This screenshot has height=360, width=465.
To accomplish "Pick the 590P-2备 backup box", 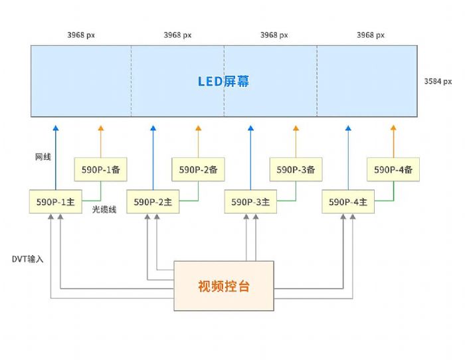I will (198, 170).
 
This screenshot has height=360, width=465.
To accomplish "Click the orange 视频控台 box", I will (224, 286).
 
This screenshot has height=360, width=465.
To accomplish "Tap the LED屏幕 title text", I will (224, 81).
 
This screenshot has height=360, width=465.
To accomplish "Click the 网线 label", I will (43, 157).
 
